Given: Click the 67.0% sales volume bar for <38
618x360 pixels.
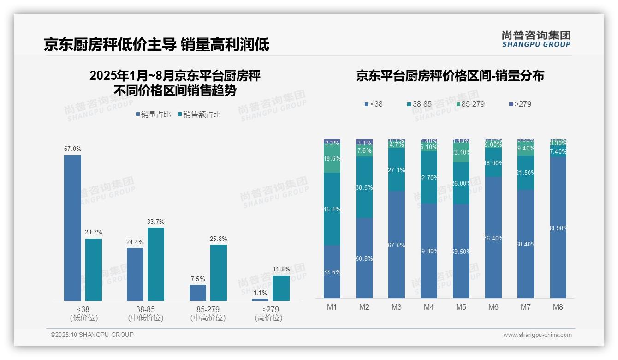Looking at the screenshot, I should [x=72, y=228].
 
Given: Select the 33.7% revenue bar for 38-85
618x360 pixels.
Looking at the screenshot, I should [x=155, y=264].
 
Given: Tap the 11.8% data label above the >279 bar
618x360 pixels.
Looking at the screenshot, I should [x=281, y=270].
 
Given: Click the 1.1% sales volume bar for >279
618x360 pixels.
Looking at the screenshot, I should [x=260, y=300].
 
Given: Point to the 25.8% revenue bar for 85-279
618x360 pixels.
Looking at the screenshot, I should [x=218, y=273].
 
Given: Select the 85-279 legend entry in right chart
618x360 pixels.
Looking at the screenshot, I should [x=469, y=104].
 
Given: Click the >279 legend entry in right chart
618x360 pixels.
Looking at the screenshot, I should [x=520, y=104].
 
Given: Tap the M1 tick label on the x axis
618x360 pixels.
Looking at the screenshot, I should [x=332, y=307].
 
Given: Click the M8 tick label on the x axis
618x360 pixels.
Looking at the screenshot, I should [x=558, y=307].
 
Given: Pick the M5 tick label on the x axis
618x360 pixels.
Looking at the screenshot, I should [x=461, y=307].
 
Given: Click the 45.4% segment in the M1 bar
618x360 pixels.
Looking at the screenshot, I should [x=332, y=209].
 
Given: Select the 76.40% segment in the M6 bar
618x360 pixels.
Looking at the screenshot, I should [x=493, y=238].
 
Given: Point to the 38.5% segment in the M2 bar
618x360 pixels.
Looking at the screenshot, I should [x=364, y=187].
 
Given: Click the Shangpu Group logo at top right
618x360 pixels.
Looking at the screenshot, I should [x=536, y=39].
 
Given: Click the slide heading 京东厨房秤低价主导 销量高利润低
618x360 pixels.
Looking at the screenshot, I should [x=156, y=44].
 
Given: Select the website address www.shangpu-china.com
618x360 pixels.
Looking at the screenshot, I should [x=537, y=335].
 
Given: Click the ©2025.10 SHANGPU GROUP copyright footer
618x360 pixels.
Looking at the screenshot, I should [x=92, y=335].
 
